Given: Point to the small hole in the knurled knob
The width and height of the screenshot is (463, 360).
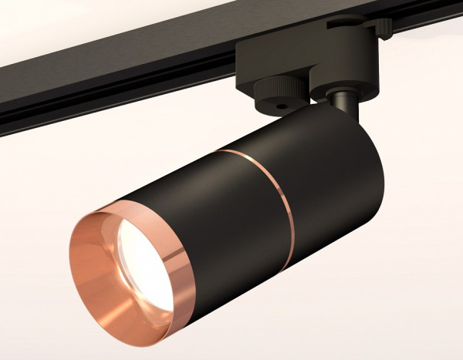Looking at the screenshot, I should [279, 103].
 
